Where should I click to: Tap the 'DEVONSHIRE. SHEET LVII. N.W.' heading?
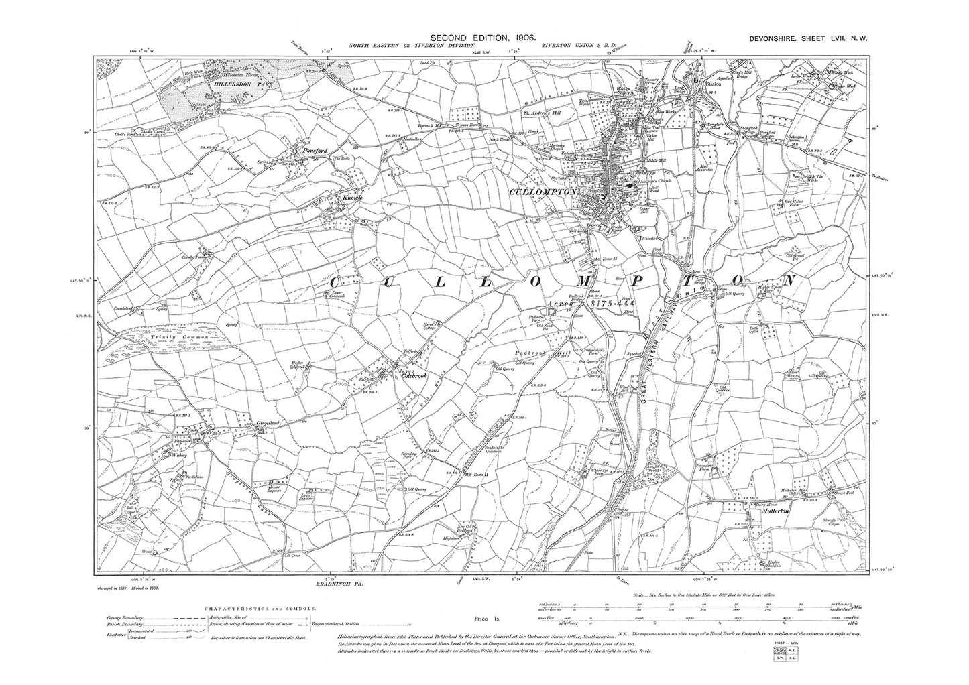pos(807,40)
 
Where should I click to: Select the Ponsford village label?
pos(314,151)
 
